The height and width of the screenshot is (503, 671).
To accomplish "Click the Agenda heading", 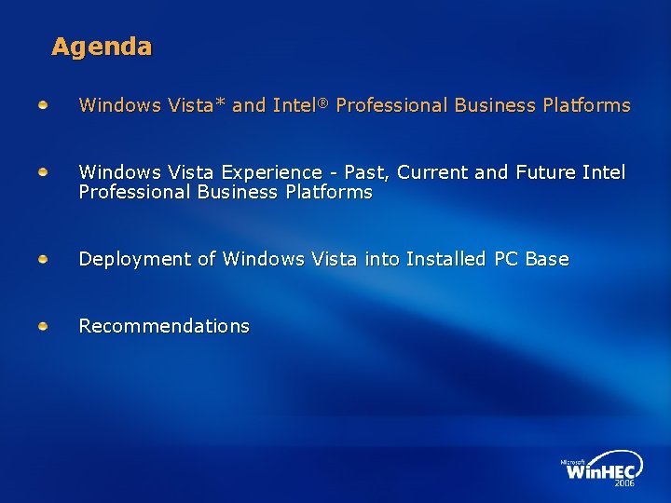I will [102, 47].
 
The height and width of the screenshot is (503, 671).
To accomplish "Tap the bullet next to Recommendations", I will [44, 326].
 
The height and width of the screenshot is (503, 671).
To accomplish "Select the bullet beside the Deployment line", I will [44, 259].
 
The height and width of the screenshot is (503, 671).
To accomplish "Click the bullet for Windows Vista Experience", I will [44, 172].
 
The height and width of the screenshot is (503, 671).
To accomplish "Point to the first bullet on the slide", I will [44, 105].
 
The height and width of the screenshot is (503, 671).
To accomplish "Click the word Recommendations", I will [164, 326].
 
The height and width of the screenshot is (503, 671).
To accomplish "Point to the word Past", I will [367, 172].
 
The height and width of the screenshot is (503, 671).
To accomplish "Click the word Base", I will [547, 259].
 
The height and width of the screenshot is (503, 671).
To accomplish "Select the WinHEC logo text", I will [602, 470].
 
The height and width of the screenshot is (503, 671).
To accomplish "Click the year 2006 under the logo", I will [623, 483].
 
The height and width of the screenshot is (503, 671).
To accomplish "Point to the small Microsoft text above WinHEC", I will [571, 461].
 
